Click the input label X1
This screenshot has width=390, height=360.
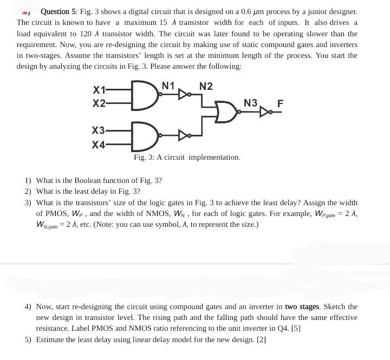pos(99,89)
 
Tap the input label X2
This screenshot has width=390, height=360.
pos(99,102)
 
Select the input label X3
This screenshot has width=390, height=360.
pos(99,131)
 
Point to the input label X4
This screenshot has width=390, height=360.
pos(99,144)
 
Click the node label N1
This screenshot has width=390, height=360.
pos(168,85)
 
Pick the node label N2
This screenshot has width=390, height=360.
pos(206,86)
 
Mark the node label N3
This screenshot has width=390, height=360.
pos(251,103)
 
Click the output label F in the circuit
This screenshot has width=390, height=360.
pos(279,104)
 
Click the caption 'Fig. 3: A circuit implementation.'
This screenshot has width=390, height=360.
pos(187,158)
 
